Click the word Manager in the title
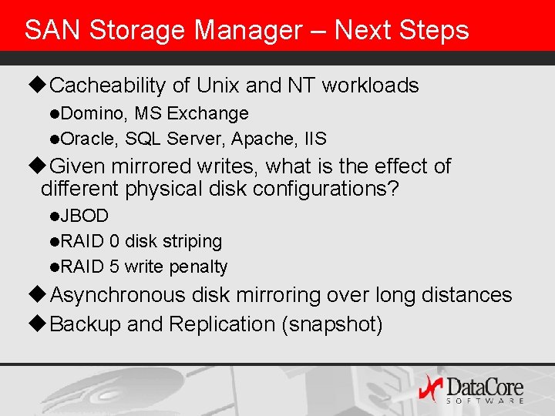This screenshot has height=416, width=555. [247, 30]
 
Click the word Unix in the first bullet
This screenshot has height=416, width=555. [220, 85]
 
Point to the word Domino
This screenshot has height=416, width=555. [92, 114]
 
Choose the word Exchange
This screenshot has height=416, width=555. [207, 114]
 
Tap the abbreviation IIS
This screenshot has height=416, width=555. [315, 139]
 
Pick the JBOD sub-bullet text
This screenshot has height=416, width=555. [84, 216]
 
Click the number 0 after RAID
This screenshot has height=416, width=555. [114, 241]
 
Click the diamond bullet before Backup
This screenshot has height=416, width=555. [41, 324]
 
